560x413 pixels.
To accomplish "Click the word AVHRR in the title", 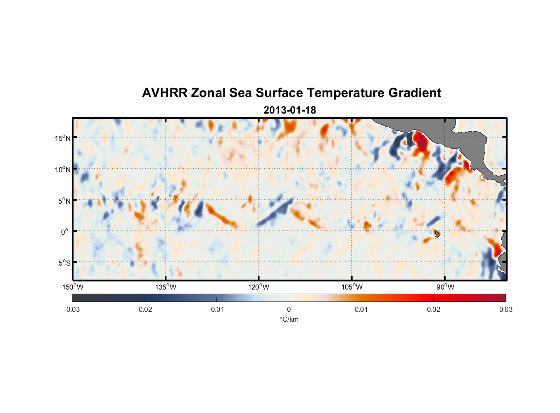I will click(164, 93).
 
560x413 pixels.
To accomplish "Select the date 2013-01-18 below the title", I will click(289, 110).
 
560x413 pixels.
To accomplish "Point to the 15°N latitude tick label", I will click(63, 138).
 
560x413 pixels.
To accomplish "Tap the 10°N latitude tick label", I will click(63, 169).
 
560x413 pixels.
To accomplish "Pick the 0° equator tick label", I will click(65, 232).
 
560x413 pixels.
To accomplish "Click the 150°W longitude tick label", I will click(73, 287).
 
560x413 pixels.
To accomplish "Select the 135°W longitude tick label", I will click(166, 287).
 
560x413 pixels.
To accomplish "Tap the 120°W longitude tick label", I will click(259, 287).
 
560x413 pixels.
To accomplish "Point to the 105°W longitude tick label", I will click(352, 287).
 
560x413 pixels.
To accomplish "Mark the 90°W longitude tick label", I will click(445, 287).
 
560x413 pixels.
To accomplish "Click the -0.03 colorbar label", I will click(72, 309).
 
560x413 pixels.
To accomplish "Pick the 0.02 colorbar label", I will click(434, 309).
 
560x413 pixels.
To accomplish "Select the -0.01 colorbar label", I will click(216, 309).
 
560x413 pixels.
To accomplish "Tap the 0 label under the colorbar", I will click(289, 309).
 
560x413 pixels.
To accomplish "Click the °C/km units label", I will click(289, 319).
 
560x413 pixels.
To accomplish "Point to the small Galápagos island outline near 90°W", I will click(437, 234).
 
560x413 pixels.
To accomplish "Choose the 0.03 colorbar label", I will click(505, 309).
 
